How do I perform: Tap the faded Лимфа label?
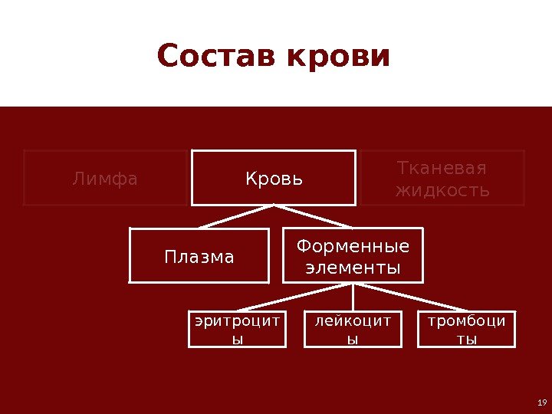(105, 179)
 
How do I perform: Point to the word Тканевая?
(442, 168)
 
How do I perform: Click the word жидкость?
(442, 189)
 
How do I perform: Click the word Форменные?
(353, 246)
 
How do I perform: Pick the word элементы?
(353, 268)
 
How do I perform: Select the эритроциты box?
(238, 329)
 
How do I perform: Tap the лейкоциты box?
(353, 329)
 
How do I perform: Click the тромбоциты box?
(467, 329)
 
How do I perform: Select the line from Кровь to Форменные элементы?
(314, 216)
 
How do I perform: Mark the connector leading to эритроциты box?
(295, 297)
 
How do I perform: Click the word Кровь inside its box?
(274, 179)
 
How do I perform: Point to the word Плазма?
(199, 257)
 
